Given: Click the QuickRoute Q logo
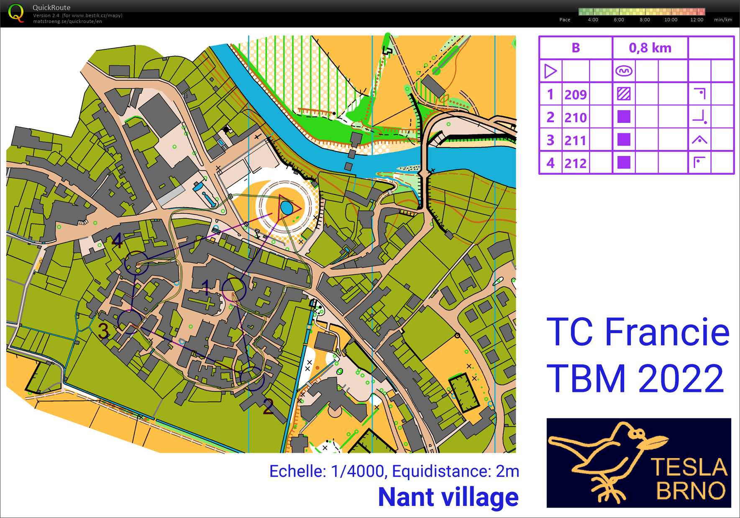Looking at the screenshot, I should [16, 13].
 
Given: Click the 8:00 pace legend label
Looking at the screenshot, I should [645, 20].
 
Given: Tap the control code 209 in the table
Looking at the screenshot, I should [575, 94].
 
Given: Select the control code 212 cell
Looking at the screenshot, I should [575, 163].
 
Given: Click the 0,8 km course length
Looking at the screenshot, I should [650, 48].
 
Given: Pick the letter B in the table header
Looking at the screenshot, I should [576, 48].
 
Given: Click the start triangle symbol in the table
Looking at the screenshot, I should [551, 71].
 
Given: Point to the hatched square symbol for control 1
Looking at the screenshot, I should [623, 94].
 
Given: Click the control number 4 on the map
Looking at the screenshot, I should [117, 241].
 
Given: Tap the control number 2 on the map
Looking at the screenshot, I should [268, 406].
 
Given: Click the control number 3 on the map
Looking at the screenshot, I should [103, 330].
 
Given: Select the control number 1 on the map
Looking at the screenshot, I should [205, 287].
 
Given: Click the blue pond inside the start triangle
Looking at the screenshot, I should [287, 207].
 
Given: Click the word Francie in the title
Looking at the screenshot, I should [667, 332].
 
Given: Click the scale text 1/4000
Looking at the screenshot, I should [357, 471].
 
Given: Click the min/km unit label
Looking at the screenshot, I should [722, 20].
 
